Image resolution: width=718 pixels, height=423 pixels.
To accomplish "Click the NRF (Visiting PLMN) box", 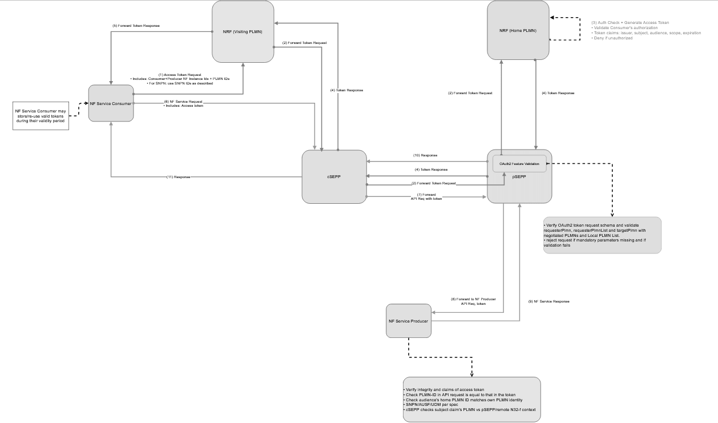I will point(243,31).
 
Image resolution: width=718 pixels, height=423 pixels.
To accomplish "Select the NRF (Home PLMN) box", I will point(518,30).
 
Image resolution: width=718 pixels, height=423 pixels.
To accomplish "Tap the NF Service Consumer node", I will point(111,103).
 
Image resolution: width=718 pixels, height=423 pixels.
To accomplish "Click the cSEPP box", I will point(334,176).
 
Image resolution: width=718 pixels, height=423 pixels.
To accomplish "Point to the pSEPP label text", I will point(519,177).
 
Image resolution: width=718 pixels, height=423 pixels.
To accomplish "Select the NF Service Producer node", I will point(408,321).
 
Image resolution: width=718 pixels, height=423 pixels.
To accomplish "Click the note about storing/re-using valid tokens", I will point(41,115).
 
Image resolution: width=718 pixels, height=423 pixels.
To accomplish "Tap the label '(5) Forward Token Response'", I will point(136,26).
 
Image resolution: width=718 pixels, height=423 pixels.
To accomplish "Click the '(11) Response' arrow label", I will point(178,176).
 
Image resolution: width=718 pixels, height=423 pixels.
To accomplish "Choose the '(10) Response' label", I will point(425,155).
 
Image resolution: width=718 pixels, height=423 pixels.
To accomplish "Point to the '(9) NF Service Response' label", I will point(548,301).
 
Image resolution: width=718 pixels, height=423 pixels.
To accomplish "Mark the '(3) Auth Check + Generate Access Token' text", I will point(630,23).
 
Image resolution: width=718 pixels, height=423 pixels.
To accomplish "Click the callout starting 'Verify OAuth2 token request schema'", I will point(602,235).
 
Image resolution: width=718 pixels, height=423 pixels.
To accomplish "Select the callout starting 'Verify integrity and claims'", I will point(471,399).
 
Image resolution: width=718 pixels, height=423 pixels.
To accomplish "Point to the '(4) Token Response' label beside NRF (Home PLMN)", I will point(558,92).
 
